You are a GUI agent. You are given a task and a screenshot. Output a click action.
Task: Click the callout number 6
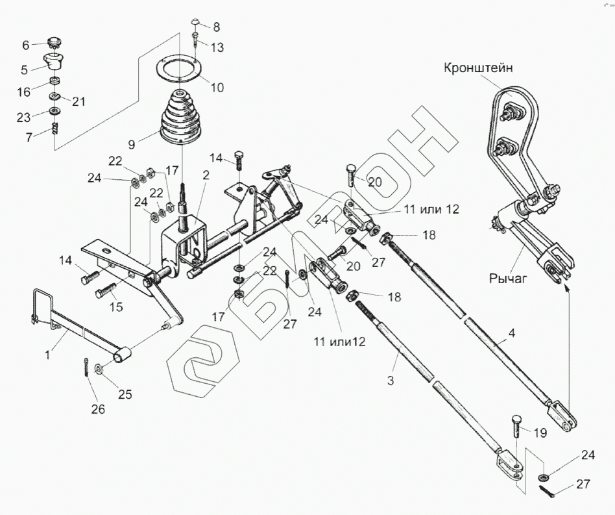26,45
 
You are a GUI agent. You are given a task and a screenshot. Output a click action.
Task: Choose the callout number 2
206,175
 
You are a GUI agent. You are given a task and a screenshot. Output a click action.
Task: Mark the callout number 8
216,27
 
